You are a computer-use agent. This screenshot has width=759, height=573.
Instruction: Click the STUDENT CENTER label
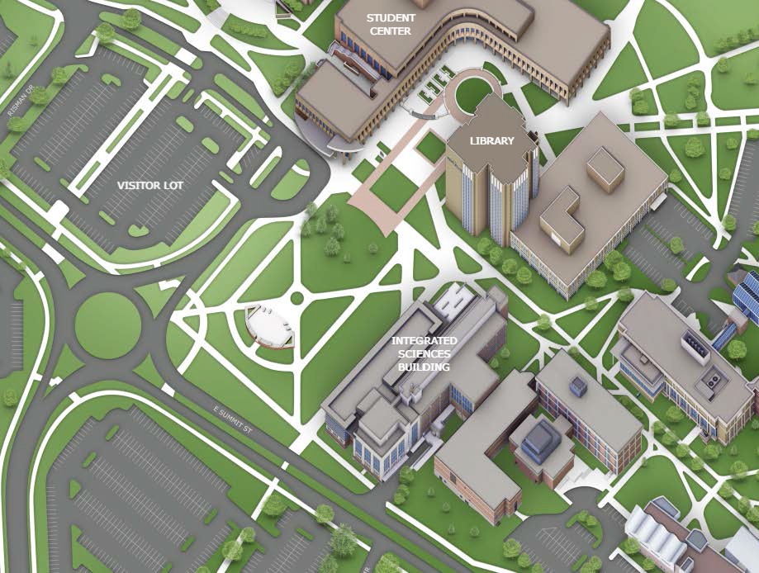point(391,23)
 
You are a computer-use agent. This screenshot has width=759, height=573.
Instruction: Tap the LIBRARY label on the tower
point(491,140)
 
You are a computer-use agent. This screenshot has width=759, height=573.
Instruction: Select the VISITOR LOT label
point(149,185)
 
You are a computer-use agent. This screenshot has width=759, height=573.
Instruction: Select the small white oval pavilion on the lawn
point(270,324)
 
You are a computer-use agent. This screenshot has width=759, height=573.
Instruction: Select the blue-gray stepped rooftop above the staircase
point(540,436)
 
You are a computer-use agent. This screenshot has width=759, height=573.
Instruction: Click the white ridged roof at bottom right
point(661,537)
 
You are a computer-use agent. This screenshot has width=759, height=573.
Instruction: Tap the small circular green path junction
point(297,297)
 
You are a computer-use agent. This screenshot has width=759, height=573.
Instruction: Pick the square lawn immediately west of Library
point(430,148)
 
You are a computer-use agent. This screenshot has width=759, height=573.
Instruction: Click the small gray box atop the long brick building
point(577,386)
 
